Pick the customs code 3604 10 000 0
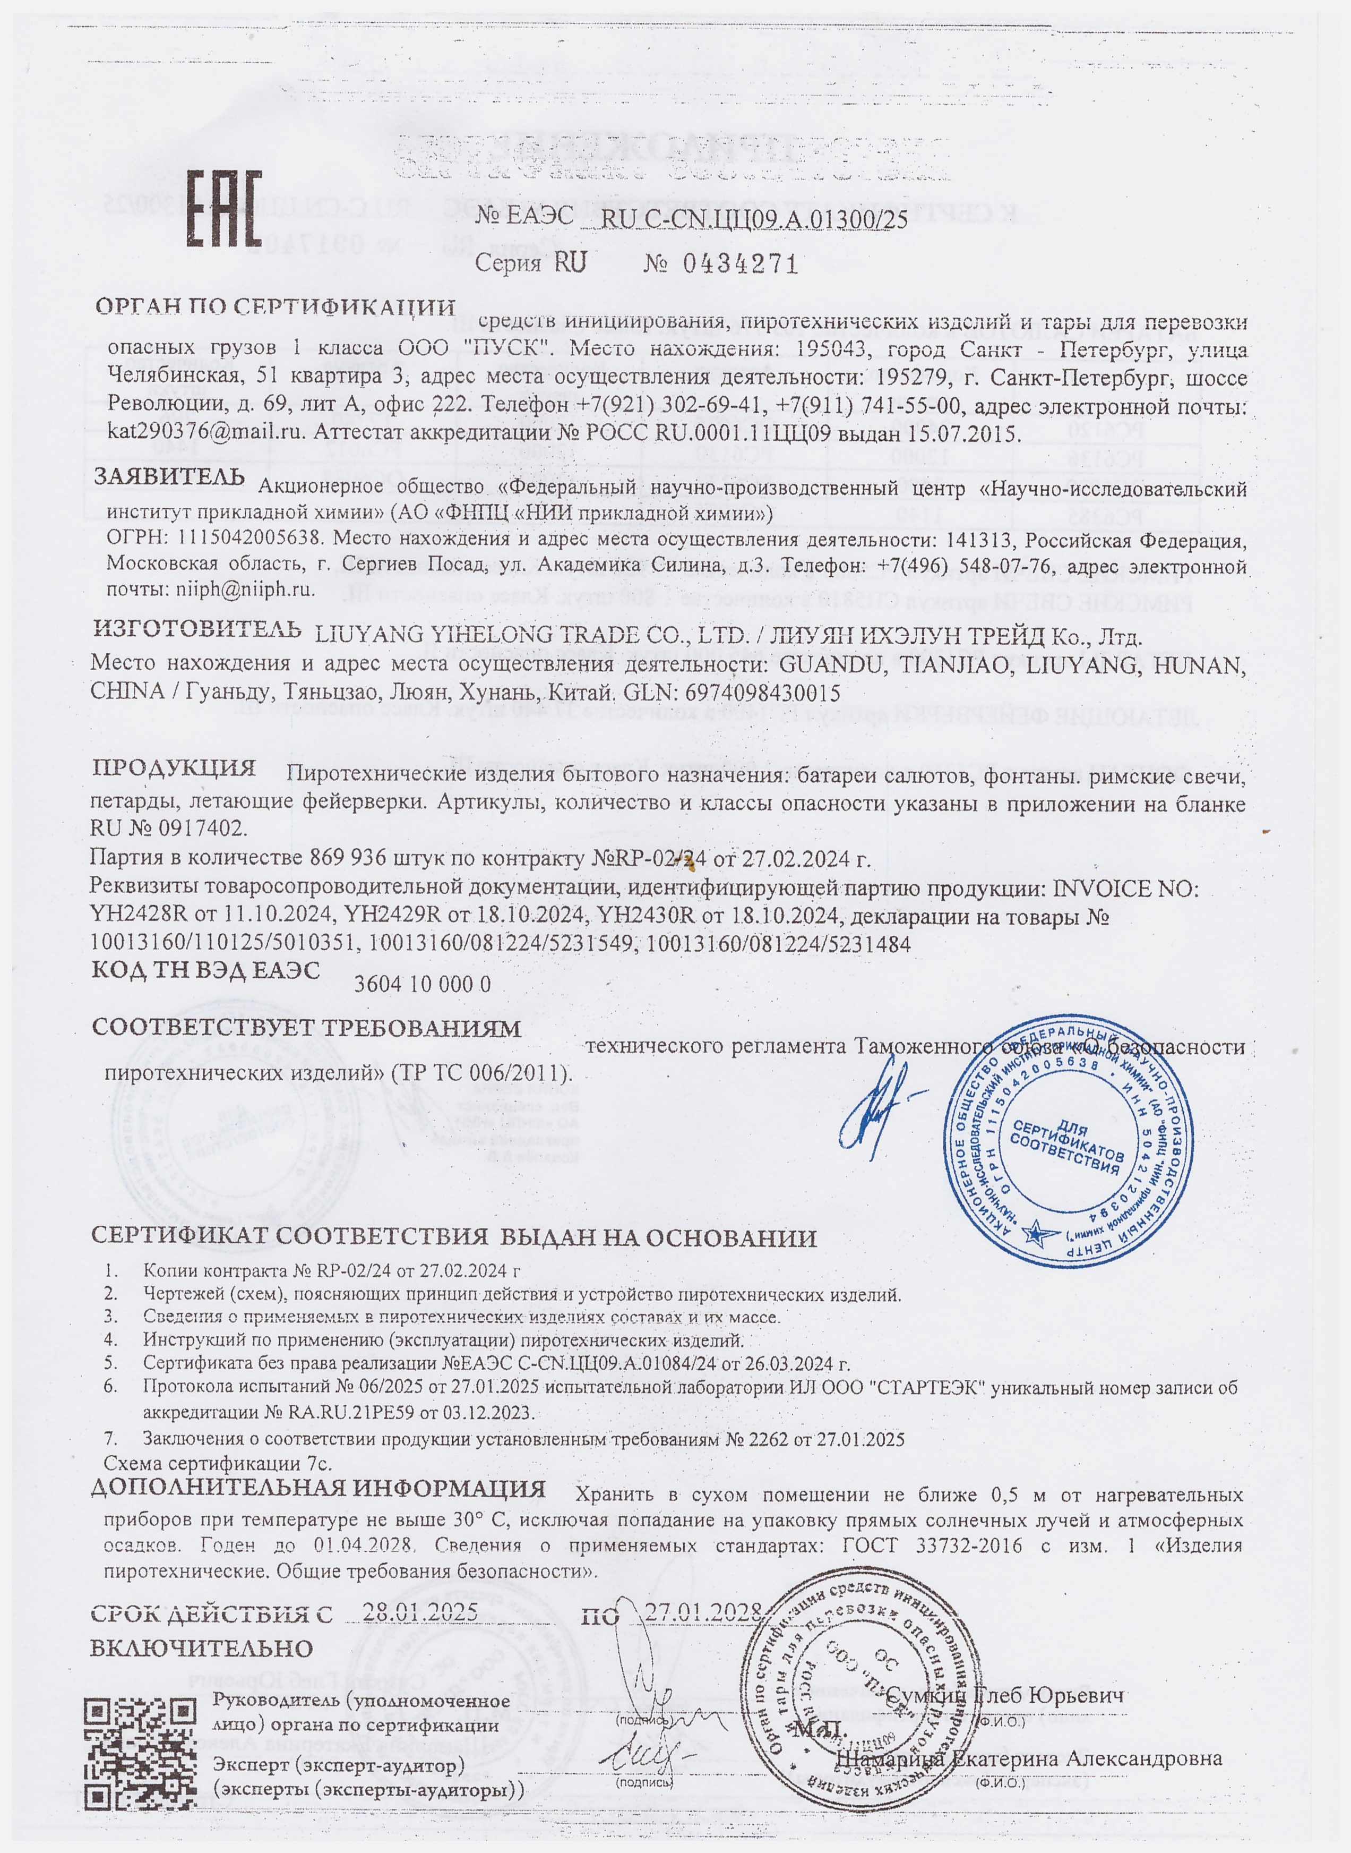[x=422, y=984]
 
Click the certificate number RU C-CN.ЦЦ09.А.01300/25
[x=754, y=219]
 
